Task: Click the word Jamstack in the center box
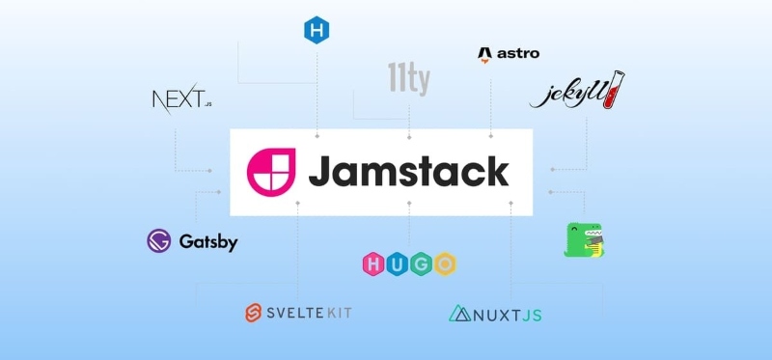pyautogui.click(x=408, y=171)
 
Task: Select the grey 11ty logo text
pyautogui.click(x=408, y=77)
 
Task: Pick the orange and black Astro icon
pyautogui.click(x=484, y=55)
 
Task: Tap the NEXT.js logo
pyautogui.click(x=181, y=98)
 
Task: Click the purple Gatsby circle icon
pyautogui.click(x=159, y=241)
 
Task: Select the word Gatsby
pyautogui.click(x=208, y=241)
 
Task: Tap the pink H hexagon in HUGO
pyautogui.click(x=372, y=263)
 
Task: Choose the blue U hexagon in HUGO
pyautogui.click(x=397, y=263)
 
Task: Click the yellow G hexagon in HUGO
pyautogui.click(x=421, y=263)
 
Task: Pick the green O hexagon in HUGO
pyautogui.click(x=445, y=263)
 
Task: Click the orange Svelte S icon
pyautogui.click(x=254, y=313)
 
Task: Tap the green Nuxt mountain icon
pyautogui.click(x=459, y=313)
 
